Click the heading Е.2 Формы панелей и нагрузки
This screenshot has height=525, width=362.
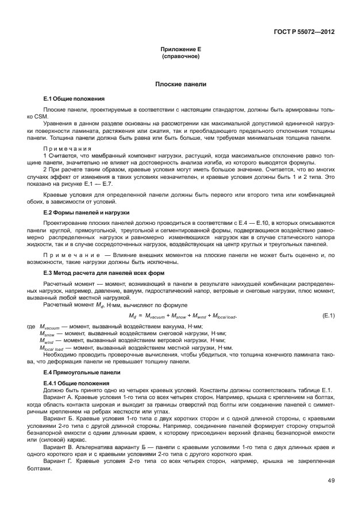82,213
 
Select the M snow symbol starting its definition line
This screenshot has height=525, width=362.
47,333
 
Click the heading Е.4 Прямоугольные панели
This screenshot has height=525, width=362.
78,373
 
